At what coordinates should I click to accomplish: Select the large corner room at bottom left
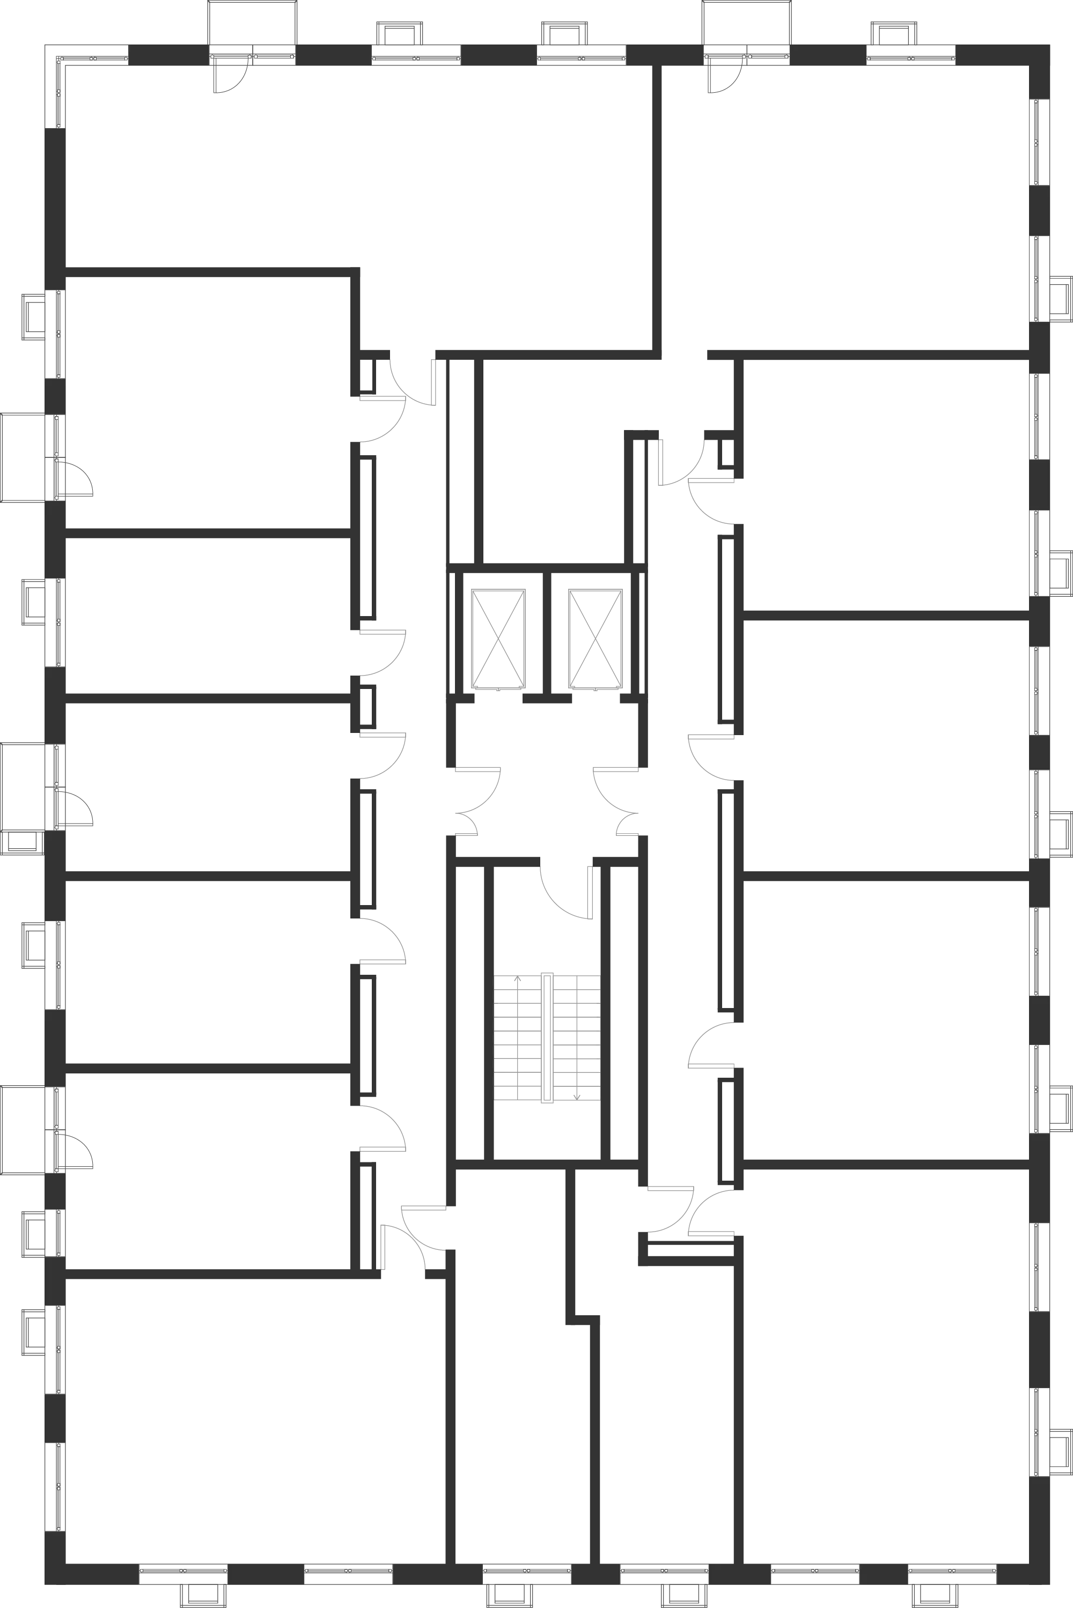click(x=253, y=1422)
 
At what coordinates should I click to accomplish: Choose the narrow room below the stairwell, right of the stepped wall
click(x=660, y=1402)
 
